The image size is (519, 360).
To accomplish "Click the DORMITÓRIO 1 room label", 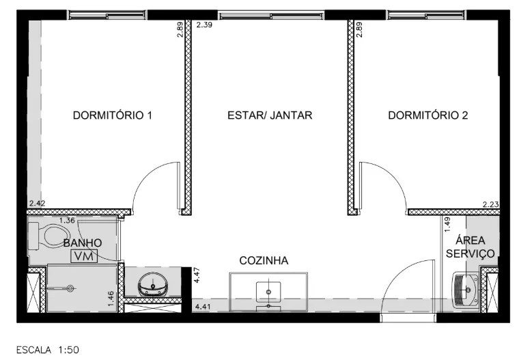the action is pos(113,115).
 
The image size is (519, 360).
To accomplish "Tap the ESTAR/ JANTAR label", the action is pos(270,115).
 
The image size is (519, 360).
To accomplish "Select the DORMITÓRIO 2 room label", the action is pos(428,115).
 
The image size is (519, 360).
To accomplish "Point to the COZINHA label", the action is pos(264,261).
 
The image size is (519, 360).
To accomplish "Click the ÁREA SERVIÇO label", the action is pos(471,247).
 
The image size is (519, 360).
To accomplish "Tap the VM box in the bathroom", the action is pos(84,256).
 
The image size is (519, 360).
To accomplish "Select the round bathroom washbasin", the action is pos(152,285).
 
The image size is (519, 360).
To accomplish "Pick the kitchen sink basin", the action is pos(268,292).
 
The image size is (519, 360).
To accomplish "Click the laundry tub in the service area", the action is pos(466,290).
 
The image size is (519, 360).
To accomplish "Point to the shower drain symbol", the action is pos(70,288).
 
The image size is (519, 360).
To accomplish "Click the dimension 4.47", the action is pos(197,275).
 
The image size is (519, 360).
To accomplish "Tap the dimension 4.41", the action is pos(203,306).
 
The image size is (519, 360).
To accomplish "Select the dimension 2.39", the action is pos(204,25).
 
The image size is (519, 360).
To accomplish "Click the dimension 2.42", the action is pos(37,204).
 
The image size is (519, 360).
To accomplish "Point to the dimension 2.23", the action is pos(490,205).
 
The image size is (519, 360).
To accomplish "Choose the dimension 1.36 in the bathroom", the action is pos(67,220).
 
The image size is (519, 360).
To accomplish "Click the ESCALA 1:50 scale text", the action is pos(48,350).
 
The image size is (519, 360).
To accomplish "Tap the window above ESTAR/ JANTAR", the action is pos(271,15).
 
